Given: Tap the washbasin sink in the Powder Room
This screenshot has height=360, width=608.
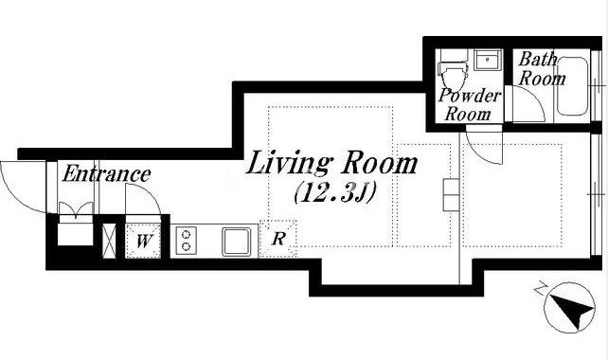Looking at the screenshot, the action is (488, 60).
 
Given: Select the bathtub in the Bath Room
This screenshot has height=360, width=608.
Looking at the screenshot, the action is (573, 86).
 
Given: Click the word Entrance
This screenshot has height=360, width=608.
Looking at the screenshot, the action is (106, 173).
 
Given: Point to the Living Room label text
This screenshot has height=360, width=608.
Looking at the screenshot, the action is (331, 163).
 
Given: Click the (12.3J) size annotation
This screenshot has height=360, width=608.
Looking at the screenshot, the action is (334, 193).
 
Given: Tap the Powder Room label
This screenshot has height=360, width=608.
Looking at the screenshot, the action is (469, 105).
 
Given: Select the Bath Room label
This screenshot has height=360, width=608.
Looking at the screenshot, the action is (542, 69).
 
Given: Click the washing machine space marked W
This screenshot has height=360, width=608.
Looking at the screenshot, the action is (143, 241).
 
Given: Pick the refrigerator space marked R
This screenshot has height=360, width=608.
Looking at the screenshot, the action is (278, 238).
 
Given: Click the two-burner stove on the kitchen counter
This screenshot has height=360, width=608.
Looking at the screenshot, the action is (187, 241).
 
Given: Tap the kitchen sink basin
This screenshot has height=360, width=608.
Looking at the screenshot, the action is (236, 242).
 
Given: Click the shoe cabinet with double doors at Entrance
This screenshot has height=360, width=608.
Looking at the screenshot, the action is (76, 224).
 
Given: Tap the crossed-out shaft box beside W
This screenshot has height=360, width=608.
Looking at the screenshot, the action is (109, 241).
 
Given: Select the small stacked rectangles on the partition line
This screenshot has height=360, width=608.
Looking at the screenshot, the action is (451, 195).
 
